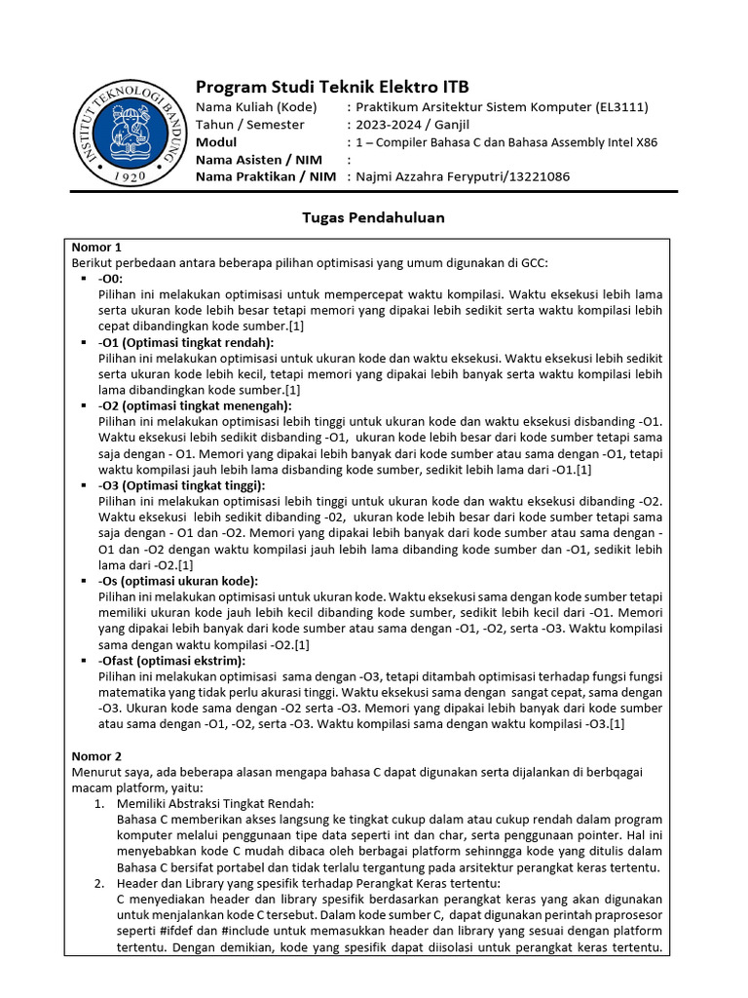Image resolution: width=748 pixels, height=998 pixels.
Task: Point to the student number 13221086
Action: [535, 176]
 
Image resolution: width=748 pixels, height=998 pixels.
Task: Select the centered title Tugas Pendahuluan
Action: [374, 217]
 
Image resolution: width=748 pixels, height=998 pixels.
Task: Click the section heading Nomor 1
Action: [97, 247]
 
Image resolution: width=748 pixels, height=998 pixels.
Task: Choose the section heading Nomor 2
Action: [97, 755]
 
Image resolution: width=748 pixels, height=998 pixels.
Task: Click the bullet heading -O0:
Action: [111, 278]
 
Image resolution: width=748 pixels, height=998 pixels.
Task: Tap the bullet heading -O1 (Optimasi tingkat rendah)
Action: [186, 342]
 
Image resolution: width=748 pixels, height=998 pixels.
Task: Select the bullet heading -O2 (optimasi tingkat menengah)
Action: [195, 405]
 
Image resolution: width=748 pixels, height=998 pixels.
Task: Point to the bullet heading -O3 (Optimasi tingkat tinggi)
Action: [181, 485]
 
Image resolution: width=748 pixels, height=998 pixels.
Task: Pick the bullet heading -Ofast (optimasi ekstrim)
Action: [171, 661]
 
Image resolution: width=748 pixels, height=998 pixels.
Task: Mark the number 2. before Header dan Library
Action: [99, 883]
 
